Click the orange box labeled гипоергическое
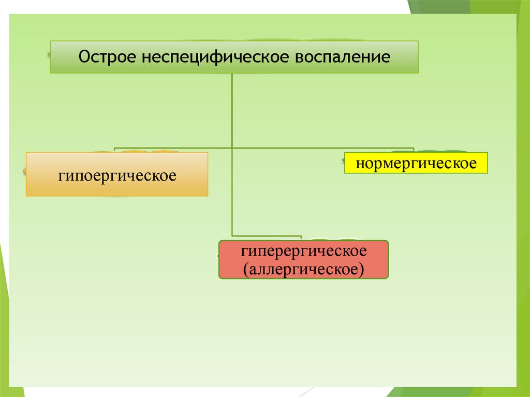click(117, 174)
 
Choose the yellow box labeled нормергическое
click(416, 163)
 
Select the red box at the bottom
click(303, 260)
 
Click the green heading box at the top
click(234, 57)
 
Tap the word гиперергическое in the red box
click(303, 252)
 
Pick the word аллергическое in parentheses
click(304, 269)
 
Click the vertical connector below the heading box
click(232, 109)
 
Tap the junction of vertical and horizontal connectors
click(232, 148)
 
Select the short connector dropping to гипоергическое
click(114, 150)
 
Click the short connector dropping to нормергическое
click(414, 150)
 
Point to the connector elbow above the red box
click(233, 236)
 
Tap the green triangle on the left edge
click(4, 311)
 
